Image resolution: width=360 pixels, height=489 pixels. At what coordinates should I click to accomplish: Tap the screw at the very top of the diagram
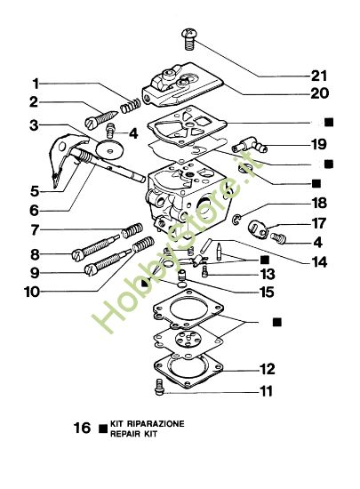[188, 36]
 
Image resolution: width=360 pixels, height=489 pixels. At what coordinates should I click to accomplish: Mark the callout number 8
[33, 253]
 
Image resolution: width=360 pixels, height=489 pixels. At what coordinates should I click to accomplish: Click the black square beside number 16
[103, 428]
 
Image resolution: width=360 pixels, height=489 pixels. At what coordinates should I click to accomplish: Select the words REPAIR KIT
[138, 434]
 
